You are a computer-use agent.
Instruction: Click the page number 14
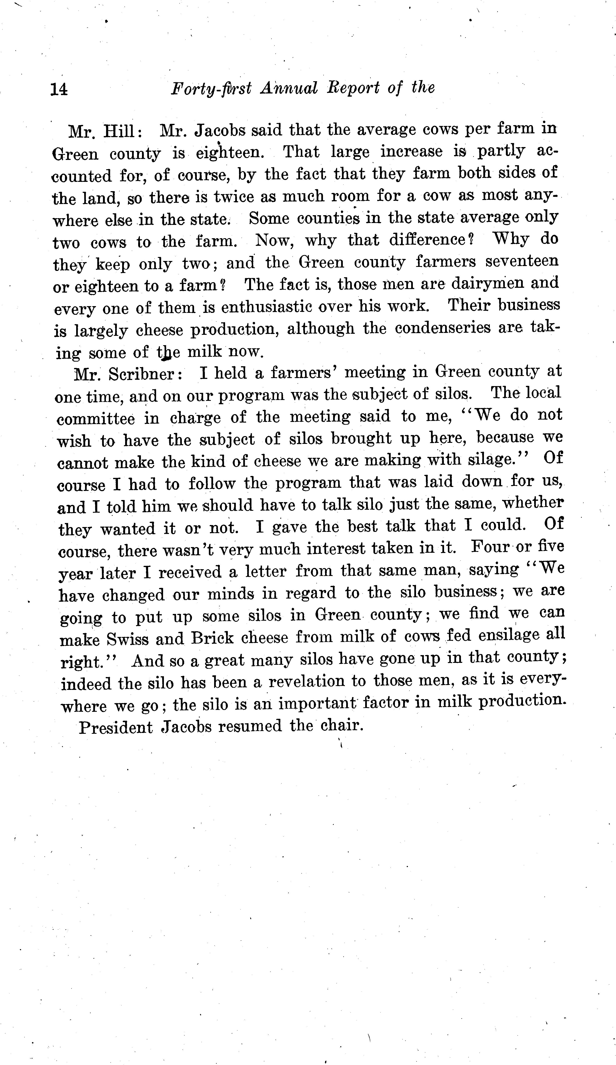[59, 89]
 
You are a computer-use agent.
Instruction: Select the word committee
[96, 418]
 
